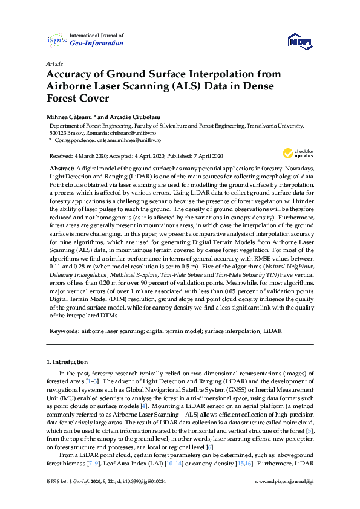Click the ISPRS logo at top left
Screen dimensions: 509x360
click(x=56, y=40)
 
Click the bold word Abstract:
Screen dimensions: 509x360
click(x=62, y=167)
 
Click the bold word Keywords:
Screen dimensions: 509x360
click(x=64, y=331)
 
